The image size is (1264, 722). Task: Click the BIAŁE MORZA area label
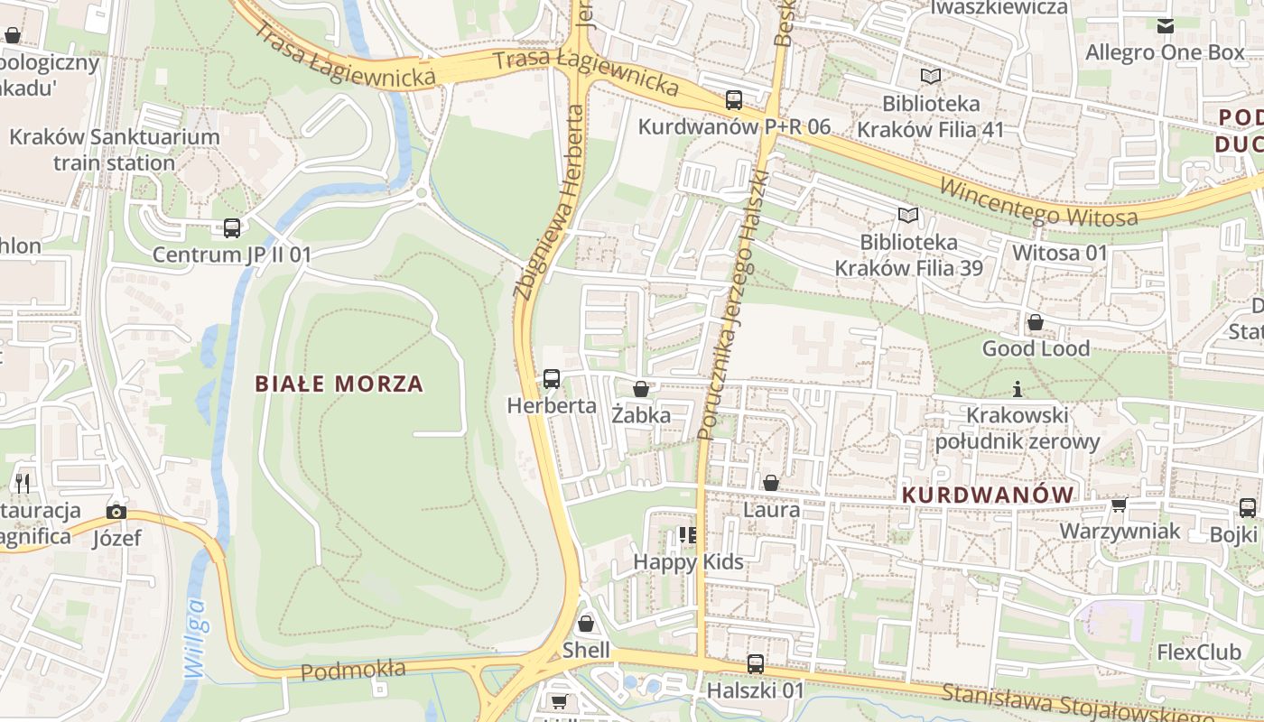point(339,384)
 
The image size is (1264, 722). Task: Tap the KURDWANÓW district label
point(988,495)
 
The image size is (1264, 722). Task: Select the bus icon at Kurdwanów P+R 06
point(733,100)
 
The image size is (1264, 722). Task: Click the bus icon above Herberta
point(551,379)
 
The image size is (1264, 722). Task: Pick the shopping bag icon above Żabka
point(641,389)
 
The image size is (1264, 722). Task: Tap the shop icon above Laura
point(771,483)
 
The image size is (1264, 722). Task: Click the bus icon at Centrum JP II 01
point(232,227)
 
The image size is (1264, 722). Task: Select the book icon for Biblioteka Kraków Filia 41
point(930,77)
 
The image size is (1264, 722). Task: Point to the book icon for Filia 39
point(907,216)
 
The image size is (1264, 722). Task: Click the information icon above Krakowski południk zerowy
point(1018,389)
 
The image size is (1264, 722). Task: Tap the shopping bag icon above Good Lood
point(1036,322)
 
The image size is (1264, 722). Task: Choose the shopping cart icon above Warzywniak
point(1120,504)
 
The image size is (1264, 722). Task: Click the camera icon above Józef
point(116,512)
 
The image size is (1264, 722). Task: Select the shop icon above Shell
point(586,624)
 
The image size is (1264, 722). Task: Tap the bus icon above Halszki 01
point(756,664)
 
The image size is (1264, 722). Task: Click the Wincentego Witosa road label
point(1038,204)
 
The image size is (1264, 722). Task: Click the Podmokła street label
point(353,671)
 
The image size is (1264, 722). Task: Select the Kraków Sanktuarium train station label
point(114,150)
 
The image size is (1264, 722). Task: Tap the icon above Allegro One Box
point(1166,26)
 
